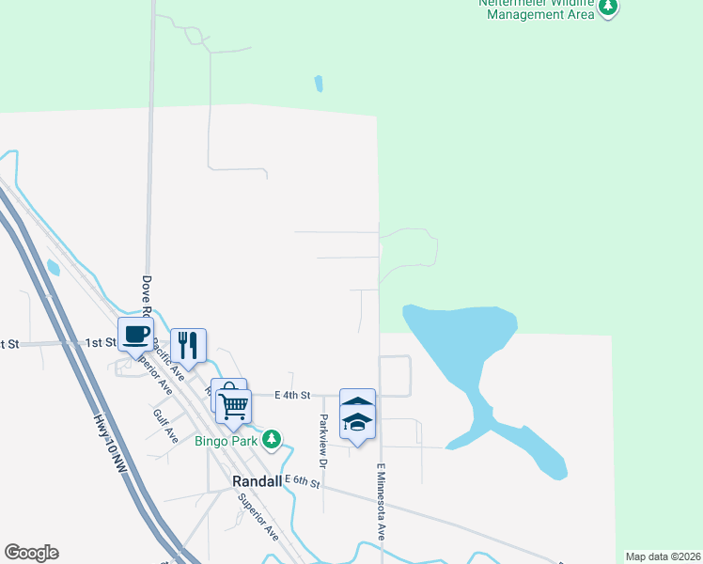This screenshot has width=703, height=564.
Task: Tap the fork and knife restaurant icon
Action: point(188,345)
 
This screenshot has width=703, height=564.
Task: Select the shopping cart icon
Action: point(233,406)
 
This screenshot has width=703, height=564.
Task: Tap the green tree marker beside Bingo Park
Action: point(272,439)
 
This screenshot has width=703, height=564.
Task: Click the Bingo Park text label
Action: point(226,440)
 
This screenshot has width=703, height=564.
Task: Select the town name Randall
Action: point(257,480)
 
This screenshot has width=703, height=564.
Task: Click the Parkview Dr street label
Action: point(322,441)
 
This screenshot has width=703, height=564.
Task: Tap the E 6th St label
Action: point(303,482)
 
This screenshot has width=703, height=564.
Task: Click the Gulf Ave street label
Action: point(165,424)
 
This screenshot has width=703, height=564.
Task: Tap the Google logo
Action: point(31,553)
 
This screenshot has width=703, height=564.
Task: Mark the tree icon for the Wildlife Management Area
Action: point(609,8)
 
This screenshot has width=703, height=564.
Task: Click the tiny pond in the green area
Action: point(319,84)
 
